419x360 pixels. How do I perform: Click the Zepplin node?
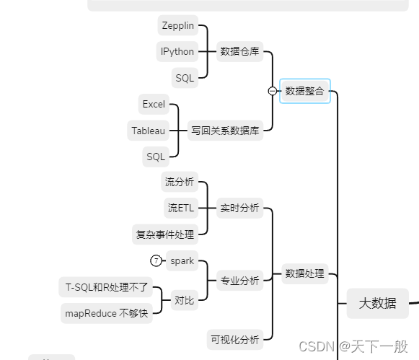click(x=177, y=25)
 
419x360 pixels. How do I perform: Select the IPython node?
click(x=177, y=51)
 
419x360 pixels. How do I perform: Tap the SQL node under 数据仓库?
click(x=185, y=77)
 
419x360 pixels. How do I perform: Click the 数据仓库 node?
click(x=240, y=51)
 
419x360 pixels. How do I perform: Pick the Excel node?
click(x=154, y=104)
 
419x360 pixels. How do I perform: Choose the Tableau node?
click(x=148, y=131)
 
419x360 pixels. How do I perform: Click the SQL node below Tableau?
click(x=156, y=156)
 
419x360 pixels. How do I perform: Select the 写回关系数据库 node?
click(x=226, y=131)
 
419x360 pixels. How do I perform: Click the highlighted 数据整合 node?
click(x=305, y=91)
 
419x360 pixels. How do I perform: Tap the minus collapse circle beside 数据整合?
click(x=272, y=91)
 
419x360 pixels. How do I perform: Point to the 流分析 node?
click(x=180, y=182)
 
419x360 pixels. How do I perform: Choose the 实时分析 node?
click(x=240, y=208)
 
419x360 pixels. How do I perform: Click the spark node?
click(x=182, y=260)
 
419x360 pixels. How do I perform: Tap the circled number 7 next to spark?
click(x=156, y=260)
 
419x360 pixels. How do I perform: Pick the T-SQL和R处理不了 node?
click(x=107, y=287)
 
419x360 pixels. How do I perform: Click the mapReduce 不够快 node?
click(x=107, y=313)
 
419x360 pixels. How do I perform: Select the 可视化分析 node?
click(x=235, y=338)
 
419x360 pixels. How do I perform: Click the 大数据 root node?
click(x=377, y=303)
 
